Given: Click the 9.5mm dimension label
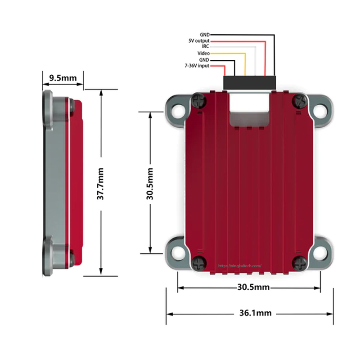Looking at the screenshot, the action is [63, 78].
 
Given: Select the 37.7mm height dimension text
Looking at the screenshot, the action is [100, 184].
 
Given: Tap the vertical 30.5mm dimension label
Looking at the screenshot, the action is [150, 184].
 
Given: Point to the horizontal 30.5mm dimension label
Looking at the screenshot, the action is [253, 287].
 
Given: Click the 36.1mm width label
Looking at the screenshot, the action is [255, 313].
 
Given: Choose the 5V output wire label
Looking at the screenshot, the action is [199, 40].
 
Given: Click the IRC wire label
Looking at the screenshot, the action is [206, 46].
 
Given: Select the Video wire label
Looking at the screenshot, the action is [203, 53].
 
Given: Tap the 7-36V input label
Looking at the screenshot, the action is [197, 66].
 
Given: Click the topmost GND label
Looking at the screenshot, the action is [205, 35].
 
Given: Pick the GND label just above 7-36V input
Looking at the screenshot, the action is [204, 60].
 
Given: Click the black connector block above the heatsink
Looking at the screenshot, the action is [249, 83].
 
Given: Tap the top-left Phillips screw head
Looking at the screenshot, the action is [199, 100].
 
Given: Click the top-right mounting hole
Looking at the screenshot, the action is [320, 111].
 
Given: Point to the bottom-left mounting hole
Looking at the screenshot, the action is [178, 253].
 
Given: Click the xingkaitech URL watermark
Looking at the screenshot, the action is [240, 266].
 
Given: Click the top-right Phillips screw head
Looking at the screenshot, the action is [300, 100].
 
